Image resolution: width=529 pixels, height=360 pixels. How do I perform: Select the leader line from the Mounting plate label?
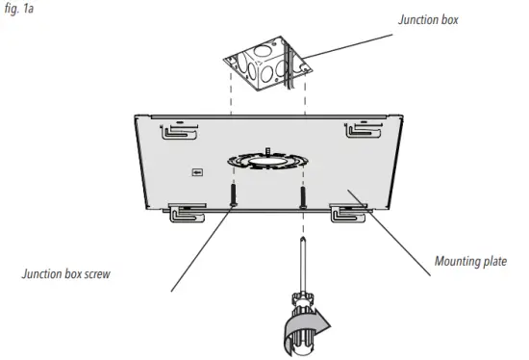click(394, 226)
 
